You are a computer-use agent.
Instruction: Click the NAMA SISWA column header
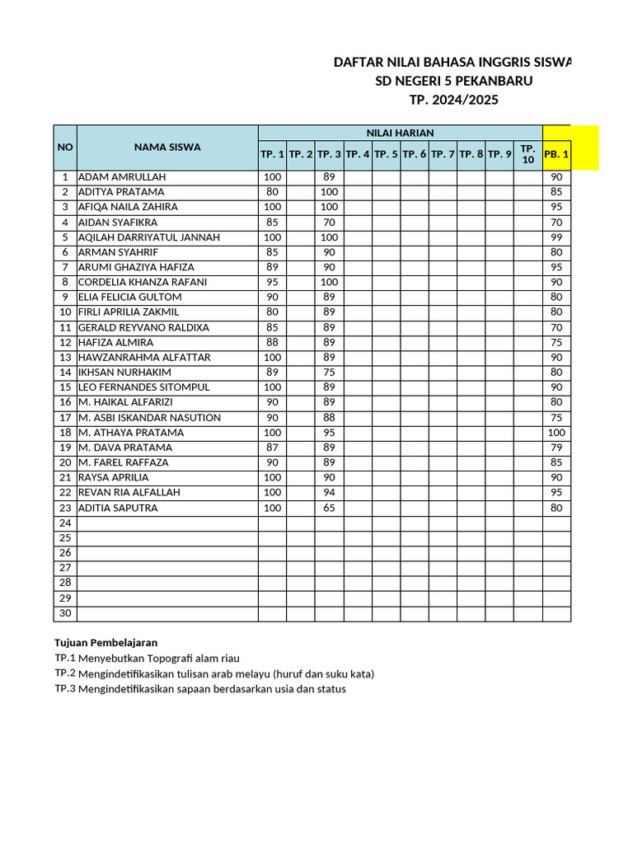click(167, 148)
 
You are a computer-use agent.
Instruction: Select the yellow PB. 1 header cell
click(557, 154)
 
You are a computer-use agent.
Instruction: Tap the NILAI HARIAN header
click(400, 133)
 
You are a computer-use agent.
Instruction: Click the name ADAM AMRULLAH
click(122, 177)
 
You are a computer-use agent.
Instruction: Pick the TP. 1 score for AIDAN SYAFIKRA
click(272, 223)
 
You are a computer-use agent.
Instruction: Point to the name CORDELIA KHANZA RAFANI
click(143, 282)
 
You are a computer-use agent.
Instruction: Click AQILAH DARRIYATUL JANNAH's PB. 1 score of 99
click(556, 237)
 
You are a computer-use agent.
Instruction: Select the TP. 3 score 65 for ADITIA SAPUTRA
click(329, 509)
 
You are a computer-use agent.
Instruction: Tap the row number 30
click(65, 614)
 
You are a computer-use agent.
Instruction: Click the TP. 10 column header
click(528, 154)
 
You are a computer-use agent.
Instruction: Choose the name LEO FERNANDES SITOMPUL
click(144, 387)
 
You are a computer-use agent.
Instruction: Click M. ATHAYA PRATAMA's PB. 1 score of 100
click(556, 433)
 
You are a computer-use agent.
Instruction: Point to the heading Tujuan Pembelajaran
click(105, 642)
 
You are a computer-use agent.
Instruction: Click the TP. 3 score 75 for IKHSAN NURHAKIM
click(329, 373)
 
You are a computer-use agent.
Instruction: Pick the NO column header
click(65, 148)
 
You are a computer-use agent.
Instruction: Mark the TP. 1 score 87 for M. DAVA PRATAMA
click(272, 448)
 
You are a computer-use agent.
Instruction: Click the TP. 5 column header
click(386, 154)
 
